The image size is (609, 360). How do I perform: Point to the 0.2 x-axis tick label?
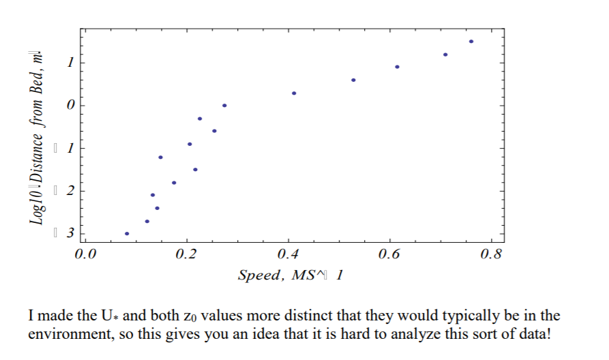click(185, 256)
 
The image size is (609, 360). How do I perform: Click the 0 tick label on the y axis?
click(69, 106)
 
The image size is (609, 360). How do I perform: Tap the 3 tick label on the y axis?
click(69, 233)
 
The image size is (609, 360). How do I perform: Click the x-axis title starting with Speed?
click(290, 275)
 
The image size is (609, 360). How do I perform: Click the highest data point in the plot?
click(471, 42)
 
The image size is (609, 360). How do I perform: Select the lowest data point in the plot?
click(127, 233)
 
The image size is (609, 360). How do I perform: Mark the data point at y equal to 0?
click(224, 106)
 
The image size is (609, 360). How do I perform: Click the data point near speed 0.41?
click(294, 93)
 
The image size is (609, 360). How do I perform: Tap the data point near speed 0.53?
click(353, 80)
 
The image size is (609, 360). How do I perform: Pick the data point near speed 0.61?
click(397, 67)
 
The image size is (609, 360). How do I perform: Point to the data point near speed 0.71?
click(445, 55)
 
